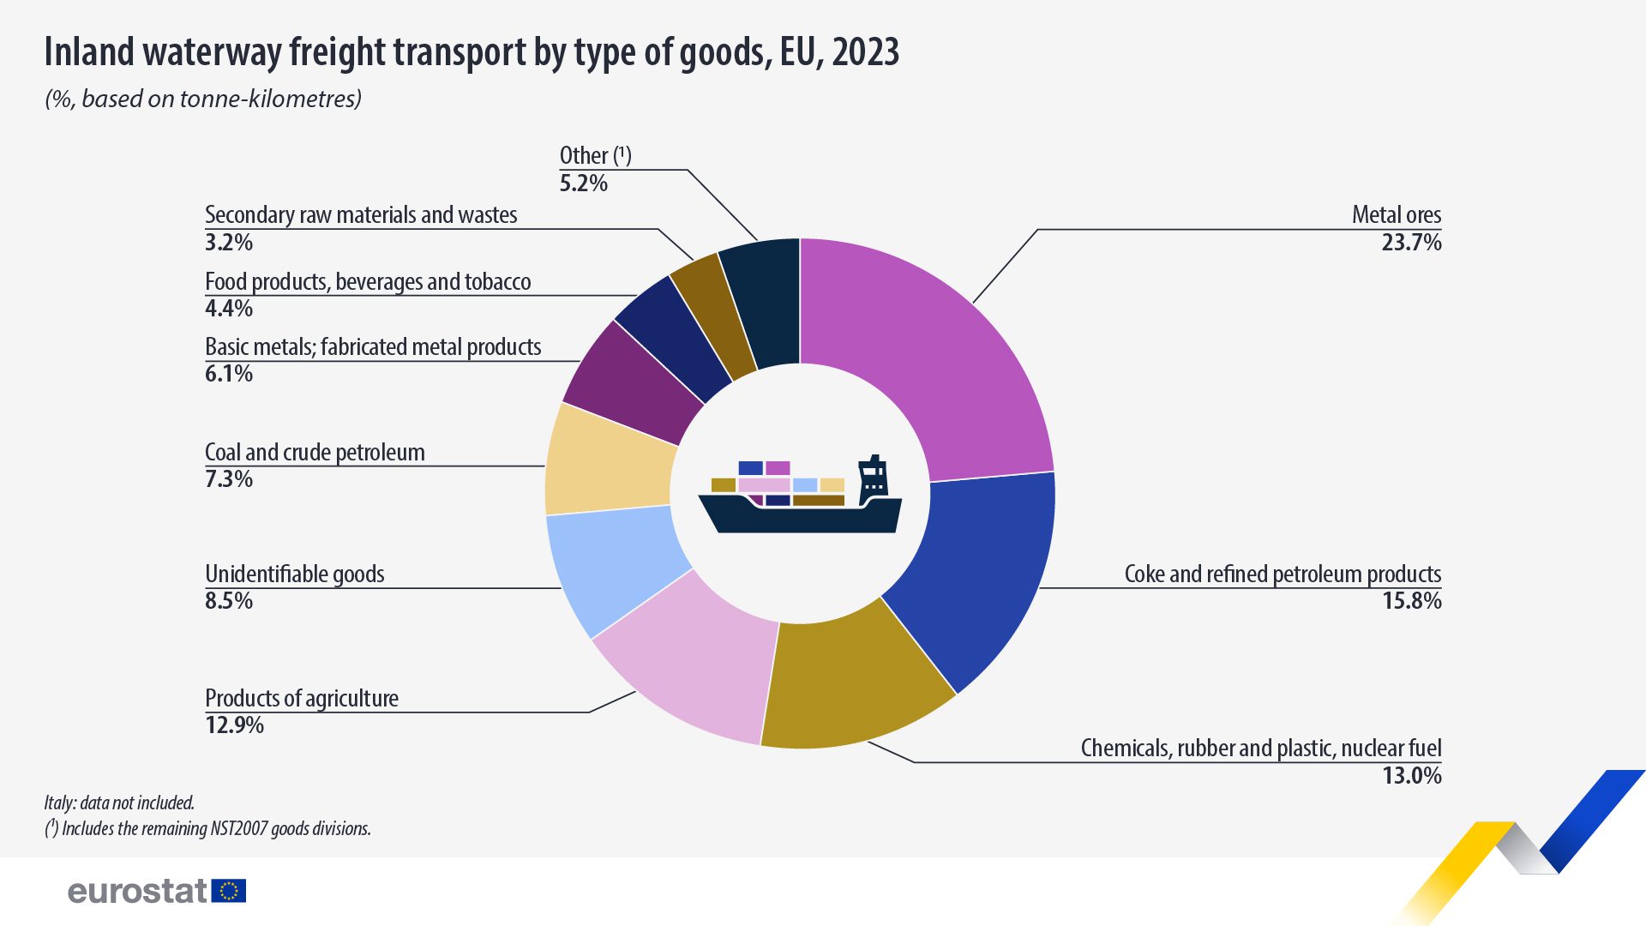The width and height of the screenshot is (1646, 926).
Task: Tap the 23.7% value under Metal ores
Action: pyautogui.click(x=1411, y=243)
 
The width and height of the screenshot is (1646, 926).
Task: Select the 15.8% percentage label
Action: pyautogui.click(x=1411, y=601)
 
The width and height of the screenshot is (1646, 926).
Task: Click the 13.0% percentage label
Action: pyautogui.click(x=1411, y=776)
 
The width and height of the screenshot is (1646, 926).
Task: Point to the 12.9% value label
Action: pyautogui.click(x=234, y=725)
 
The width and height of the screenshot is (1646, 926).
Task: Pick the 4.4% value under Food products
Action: pyautogui.click(x=229, y=309)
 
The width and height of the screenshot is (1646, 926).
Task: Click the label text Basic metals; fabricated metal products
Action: pyautogui.click(x=373, y=347)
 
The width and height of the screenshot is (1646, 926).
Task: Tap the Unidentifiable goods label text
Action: pyautogui.click(x=294, y=574)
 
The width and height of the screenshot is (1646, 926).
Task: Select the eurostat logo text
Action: pyautogui.click(x=137, y=892)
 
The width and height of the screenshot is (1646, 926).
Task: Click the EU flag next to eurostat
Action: pyautogui.click(x=229, y=891)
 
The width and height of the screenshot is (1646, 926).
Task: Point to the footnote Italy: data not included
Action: pyautogui.click(x=119, y=803)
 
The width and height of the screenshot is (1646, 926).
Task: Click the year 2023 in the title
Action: pyautogui.click(x=865, y=52)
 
